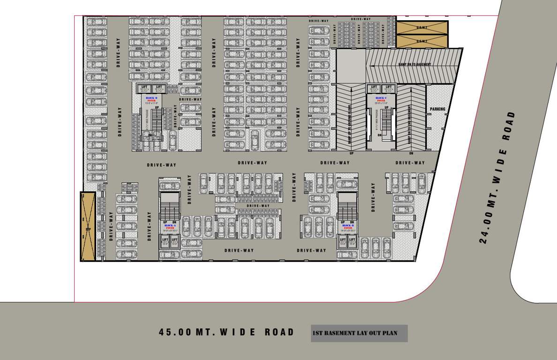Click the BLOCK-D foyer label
[x=151, y=99]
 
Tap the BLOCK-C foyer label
[x=380, y=99]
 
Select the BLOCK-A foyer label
[x=170, y=227]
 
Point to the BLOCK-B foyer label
[x=347, y=226]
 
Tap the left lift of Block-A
[x=165, y=241]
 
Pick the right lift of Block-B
[x=352, y=241]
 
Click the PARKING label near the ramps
[x=437, y=109]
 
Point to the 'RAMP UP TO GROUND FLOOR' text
[x=350, y=124]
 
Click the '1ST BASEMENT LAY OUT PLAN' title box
[x=359, y=333]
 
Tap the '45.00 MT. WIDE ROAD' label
[x=227, y=332]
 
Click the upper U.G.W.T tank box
[x=422, y=27]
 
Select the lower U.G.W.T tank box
[x=422, y=41]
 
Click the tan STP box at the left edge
[x=88, y=226]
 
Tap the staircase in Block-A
[x=169, y=206]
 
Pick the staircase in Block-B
[x=347, y=206]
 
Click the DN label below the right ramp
[x=411, y=153]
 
